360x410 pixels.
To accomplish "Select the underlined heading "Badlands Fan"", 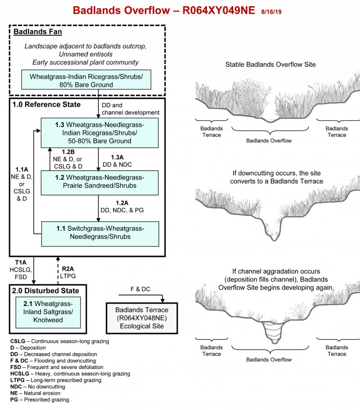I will pyautogui.click(x=38, y=32).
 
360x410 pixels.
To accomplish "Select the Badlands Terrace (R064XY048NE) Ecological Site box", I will pyautogui.click(x=142, y=317).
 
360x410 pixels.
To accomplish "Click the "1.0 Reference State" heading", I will pyautogui.click(x=47, y=105).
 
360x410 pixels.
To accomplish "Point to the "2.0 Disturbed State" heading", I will pyautogui.click(x=46, y=291).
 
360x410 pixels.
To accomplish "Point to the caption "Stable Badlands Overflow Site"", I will pyautogui.click(x=270, y=65).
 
